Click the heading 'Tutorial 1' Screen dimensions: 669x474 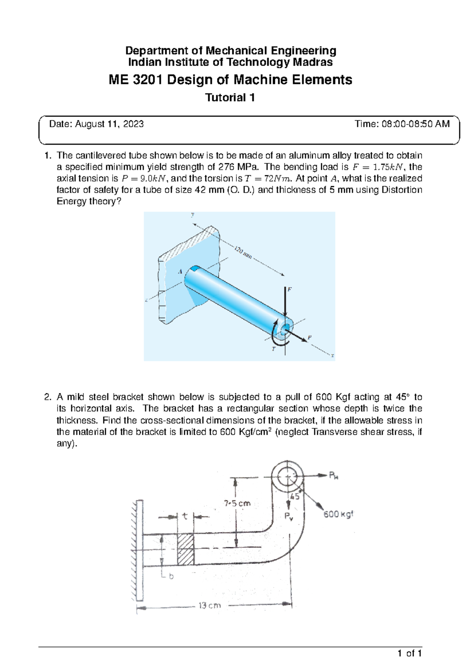tap(230, 97)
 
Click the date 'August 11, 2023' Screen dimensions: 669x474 tap(109, 124)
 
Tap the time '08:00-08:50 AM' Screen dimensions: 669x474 tap(418, 124)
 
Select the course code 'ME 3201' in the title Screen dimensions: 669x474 tap(135, 80)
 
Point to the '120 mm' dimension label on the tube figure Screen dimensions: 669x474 tap(243, 252)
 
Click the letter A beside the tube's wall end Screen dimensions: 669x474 tap(180, 272)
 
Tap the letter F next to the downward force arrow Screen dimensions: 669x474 tap(289, 289)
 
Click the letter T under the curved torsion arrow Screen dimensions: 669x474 tap(273, 349)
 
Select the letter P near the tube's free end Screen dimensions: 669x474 tap(309, 338)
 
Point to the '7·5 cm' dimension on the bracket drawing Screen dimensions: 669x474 tap(237, 503)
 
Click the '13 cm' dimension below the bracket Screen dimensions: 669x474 tap(209, 605)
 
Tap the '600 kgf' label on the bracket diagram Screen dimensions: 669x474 tap(338, 514)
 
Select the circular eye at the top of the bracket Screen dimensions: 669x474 tap(288, 476)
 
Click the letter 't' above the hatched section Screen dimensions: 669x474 tap(185, 516)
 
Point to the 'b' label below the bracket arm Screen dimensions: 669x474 tap(171, 576)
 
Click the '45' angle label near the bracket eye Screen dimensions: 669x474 tap(295, 497)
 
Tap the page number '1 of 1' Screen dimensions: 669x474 tap(410, 653)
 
